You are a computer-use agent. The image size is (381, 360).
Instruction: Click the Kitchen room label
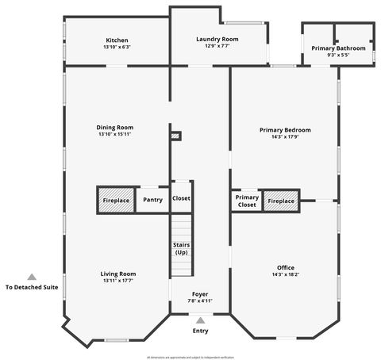(x=117, y=40)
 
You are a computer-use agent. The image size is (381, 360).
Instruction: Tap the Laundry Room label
(x=217, y=39)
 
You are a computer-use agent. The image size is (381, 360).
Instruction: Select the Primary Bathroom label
(x=339, y=48)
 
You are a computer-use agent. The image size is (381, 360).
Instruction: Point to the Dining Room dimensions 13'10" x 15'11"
(x=115, y=134)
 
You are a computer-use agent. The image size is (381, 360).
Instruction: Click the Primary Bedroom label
(x=285, y=129)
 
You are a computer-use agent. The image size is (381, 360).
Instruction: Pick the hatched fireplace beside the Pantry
(x=116, y=200)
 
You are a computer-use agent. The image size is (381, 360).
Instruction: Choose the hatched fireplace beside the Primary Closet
(x=280, y=201)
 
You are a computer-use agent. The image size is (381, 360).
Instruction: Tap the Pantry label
(x=153, y=200)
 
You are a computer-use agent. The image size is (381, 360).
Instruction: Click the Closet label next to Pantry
(x=181, y=199)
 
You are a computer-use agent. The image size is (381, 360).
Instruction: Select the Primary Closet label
(x=247, y=201)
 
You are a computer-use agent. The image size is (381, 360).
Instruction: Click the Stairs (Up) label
(x=181, y=248)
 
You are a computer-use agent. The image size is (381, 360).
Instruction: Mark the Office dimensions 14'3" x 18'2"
(x=285, y=274)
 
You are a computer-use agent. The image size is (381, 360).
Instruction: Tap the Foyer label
(x=200, y=294)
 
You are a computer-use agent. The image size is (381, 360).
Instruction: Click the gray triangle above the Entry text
(x=200, y=320)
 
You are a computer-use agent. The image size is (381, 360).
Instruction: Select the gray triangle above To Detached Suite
(x=32, y=277)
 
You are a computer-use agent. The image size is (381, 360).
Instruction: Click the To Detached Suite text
(x=32, y=288)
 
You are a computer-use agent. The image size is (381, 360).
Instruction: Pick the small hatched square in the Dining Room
(x=176, y=136)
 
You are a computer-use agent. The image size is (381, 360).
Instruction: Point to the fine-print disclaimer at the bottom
(x=190, y=357)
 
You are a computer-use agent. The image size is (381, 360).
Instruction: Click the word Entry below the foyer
(x=200, y=331)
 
